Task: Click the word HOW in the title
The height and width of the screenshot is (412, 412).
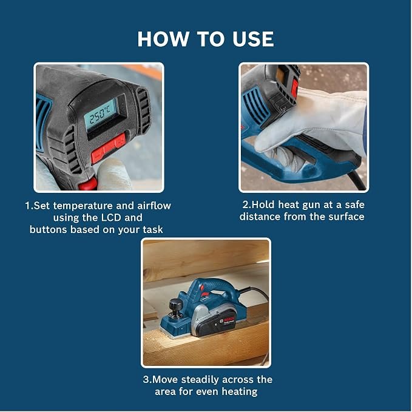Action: click(x=163, y=39)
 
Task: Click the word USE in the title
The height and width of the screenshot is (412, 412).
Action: click(x=253, y=39)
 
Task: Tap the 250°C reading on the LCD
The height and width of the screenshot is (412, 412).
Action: click(x=100, y=114)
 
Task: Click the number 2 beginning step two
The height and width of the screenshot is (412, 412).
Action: click(x=245, y=204)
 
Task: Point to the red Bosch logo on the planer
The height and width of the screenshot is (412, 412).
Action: click(x=229, y=320)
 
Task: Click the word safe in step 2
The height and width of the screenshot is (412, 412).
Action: click(x=354, y=204)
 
